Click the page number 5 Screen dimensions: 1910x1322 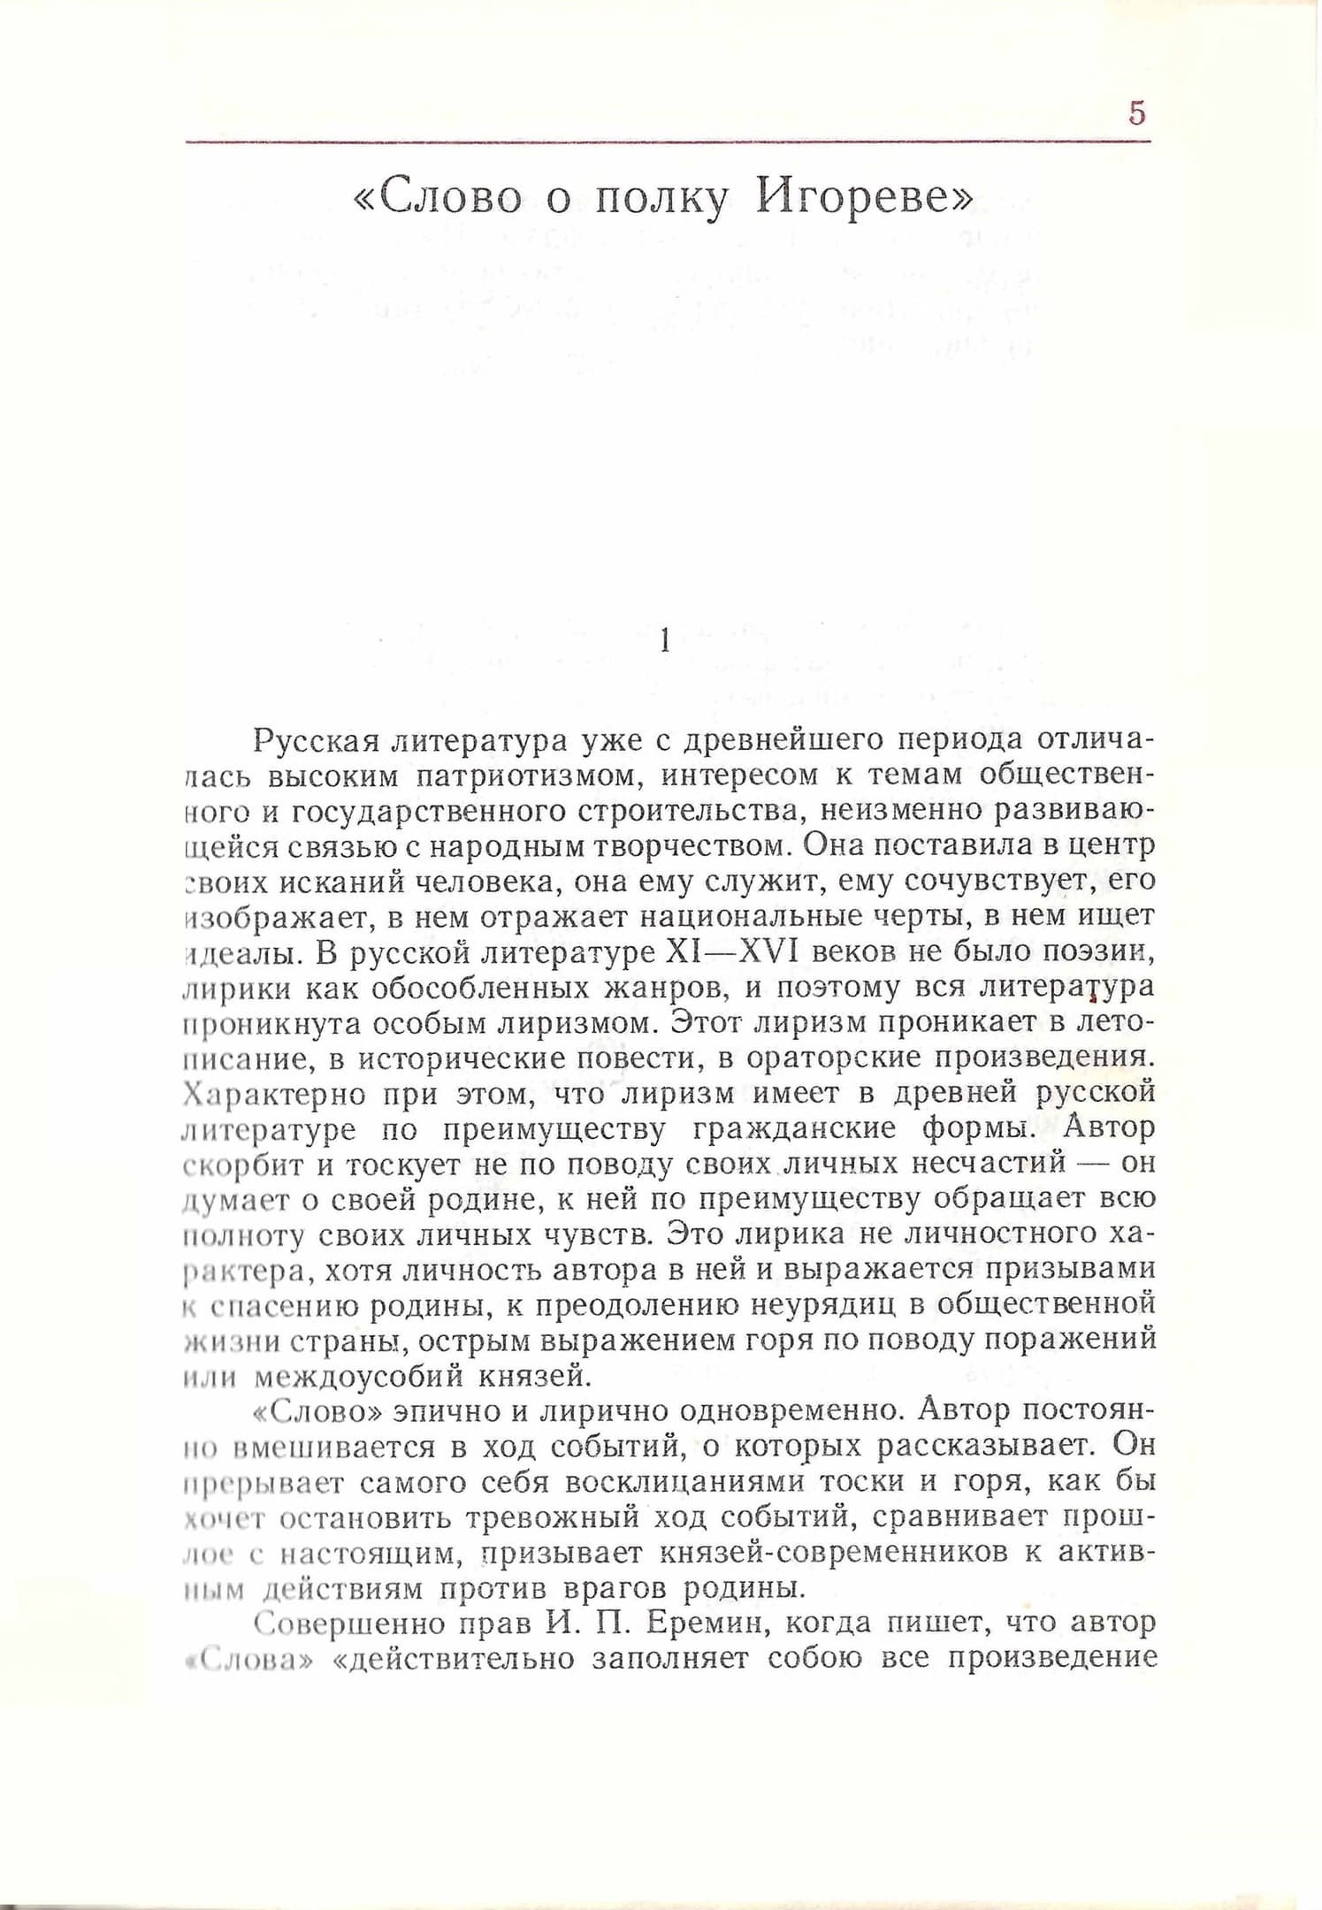coord(1137,113)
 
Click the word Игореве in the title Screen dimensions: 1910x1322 coord(863,200)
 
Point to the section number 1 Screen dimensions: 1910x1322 coord(665,640)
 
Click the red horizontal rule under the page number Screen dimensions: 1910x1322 coord(668,141)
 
